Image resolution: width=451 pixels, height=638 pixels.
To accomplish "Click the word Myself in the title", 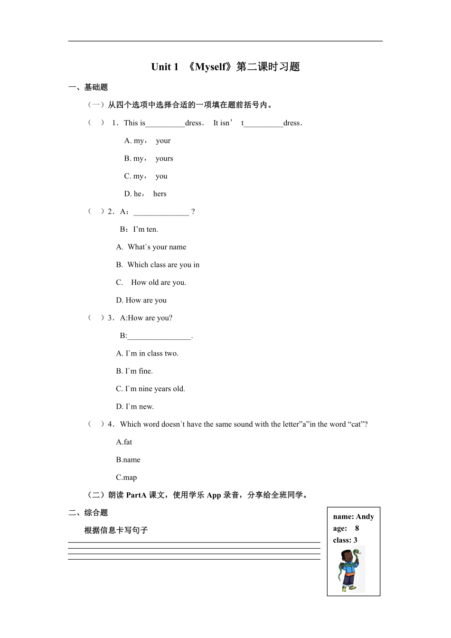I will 210,67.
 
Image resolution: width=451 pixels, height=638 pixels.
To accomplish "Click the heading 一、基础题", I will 88,87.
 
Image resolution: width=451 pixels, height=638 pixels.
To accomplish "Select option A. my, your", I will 147,141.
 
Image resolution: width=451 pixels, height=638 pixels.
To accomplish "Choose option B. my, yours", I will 149,159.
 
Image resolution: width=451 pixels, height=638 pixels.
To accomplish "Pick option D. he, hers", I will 145,194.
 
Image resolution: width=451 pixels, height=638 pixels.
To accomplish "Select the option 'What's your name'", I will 151,247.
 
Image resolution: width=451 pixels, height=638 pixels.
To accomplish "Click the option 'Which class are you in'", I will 158,265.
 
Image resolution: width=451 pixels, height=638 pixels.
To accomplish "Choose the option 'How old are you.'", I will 152,282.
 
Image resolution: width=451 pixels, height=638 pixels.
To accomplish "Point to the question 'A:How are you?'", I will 146,318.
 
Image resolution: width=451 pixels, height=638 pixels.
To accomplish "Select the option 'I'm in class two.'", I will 147,353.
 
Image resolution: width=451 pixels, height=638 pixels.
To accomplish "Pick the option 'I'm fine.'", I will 134,371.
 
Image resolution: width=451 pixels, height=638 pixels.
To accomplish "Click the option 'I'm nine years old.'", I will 150,389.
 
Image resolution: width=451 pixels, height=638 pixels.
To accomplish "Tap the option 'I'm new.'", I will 135,407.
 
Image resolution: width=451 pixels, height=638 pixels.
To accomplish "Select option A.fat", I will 124,442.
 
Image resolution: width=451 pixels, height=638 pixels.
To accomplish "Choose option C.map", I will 126,478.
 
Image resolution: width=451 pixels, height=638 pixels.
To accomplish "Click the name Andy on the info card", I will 365,516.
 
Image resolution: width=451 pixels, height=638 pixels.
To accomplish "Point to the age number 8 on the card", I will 357,528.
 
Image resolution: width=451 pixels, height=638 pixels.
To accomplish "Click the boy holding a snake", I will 350,570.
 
